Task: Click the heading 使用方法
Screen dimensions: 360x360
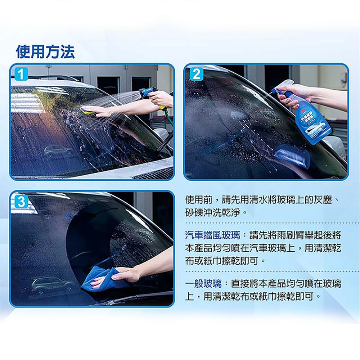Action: point(45,52)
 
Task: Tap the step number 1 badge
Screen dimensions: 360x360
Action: point(21,74)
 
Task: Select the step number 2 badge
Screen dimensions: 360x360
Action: point(196,74)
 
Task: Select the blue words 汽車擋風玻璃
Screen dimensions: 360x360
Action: point(212,235)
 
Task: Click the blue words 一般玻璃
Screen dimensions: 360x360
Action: point(203,284)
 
